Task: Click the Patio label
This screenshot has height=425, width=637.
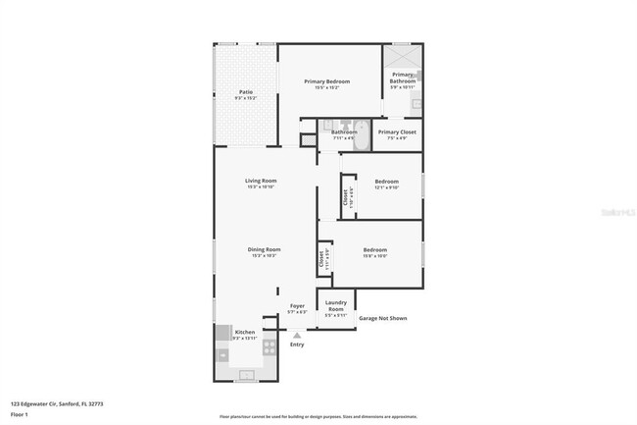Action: [x=246, y=92]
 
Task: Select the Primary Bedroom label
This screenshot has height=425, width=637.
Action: [x=327, y=81]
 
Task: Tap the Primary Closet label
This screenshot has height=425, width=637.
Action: [x=397, y=132]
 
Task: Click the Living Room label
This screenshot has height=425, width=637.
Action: [x=261, y=181]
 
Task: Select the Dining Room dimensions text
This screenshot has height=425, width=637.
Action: [x=265, y=256]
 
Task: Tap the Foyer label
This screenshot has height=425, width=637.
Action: [x=297, y=305]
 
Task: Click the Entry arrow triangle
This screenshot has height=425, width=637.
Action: [x=297, y=335]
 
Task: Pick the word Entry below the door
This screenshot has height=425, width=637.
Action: [x=297, y=345]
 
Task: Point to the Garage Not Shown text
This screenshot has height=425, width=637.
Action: [x=382, y=318]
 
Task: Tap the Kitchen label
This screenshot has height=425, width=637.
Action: [x=245, y=332]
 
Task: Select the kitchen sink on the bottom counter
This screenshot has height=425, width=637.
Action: [x=245, y=374]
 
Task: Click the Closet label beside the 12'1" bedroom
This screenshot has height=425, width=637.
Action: [x=345, y=195]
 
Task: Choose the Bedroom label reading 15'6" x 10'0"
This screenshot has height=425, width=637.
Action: [x=374, y=249]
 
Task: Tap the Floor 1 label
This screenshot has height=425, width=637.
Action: [x=20, y=414]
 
